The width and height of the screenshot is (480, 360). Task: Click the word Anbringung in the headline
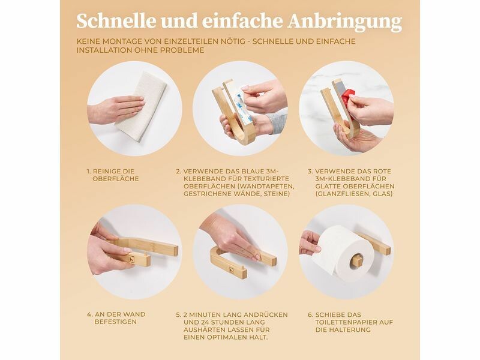(x=344, y=22)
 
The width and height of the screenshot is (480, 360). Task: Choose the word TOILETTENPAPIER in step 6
(x=343, y=322)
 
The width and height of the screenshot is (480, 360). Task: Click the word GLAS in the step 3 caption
(x=382, y=194)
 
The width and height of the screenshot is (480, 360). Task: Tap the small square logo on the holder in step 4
(x=131, y=259)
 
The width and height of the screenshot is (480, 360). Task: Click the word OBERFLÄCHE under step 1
(x=116, y=178)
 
